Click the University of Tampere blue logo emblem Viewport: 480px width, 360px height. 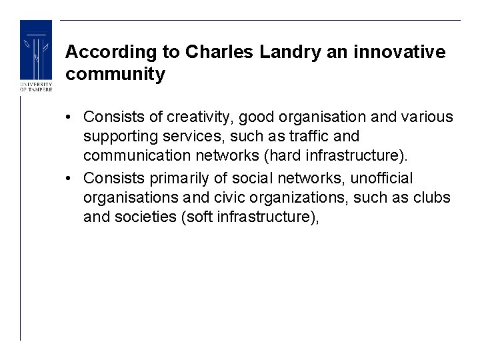(35, 50)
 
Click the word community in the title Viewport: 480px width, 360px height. (115, 74)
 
